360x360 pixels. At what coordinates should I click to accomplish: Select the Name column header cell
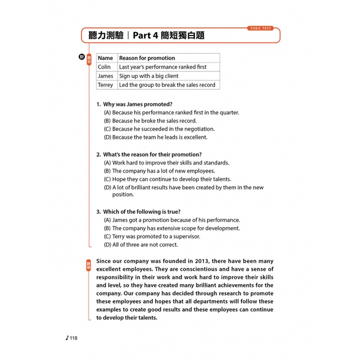[x=105, y=58]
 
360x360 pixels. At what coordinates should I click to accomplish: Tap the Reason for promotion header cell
[x=147, y=58]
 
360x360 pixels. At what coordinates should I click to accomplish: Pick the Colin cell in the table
[x=104, y=67]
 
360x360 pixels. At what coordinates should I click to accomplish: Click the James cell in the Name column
[x=105, y=76]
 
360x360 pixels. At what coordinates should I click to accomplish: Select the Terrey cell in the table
[x=105, y=85]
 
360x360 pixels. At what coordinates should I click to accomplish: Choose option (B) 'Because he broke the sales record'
[x=150, y=121]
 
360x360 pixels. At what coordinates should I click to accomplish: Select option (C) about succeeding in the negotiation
[x=159, y=129]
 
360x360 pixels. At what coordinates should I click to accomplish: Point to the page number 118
[x=74, y=338]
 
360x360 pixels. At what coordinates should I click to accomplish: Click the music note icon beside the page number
[x=66, y=338]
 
